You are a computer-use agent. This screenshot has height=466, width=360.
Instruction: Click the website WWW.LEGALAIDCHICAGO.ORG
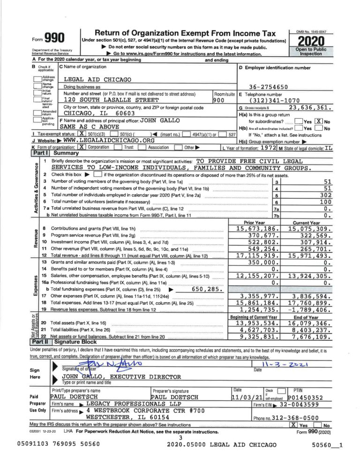pos(109,140)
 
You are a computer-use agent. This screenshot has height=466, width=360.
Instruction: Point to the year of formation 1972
pos(268,146)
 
